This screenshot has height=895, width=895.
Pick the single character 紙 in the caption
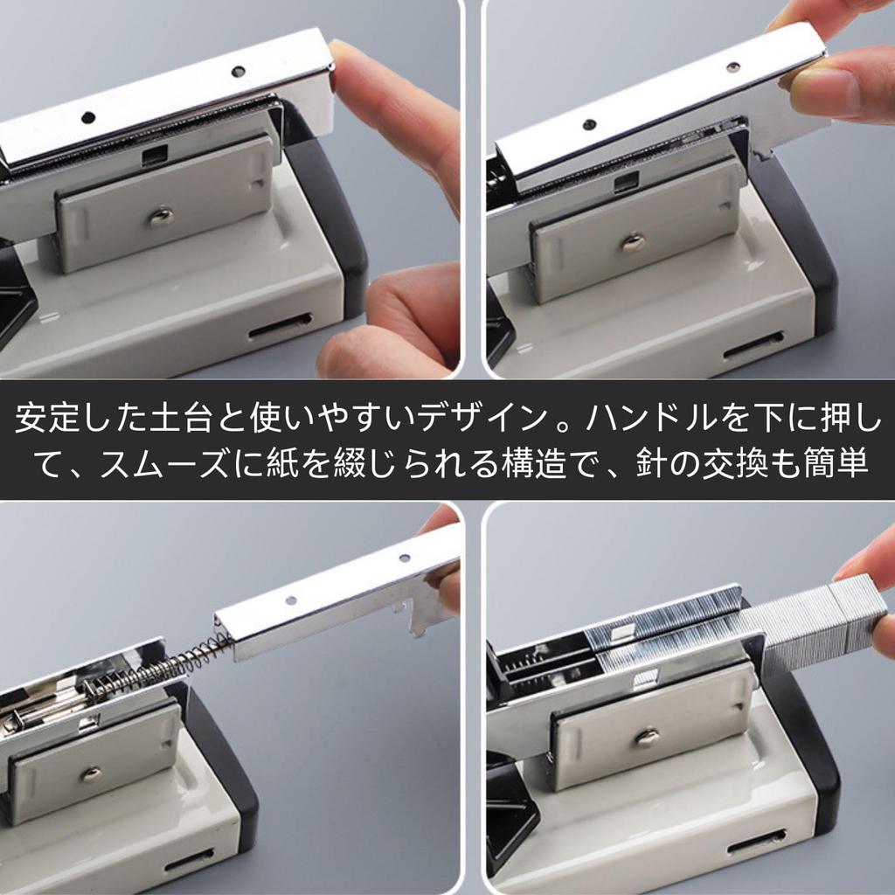tap(279, 463)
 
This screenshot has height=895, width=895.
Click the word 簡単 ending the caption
tap(845, 463)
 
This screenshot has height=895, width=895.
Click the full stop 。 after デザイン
tap(559, 426)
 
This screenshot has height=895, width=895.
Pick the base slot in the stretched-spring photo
tap(188, 860)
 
